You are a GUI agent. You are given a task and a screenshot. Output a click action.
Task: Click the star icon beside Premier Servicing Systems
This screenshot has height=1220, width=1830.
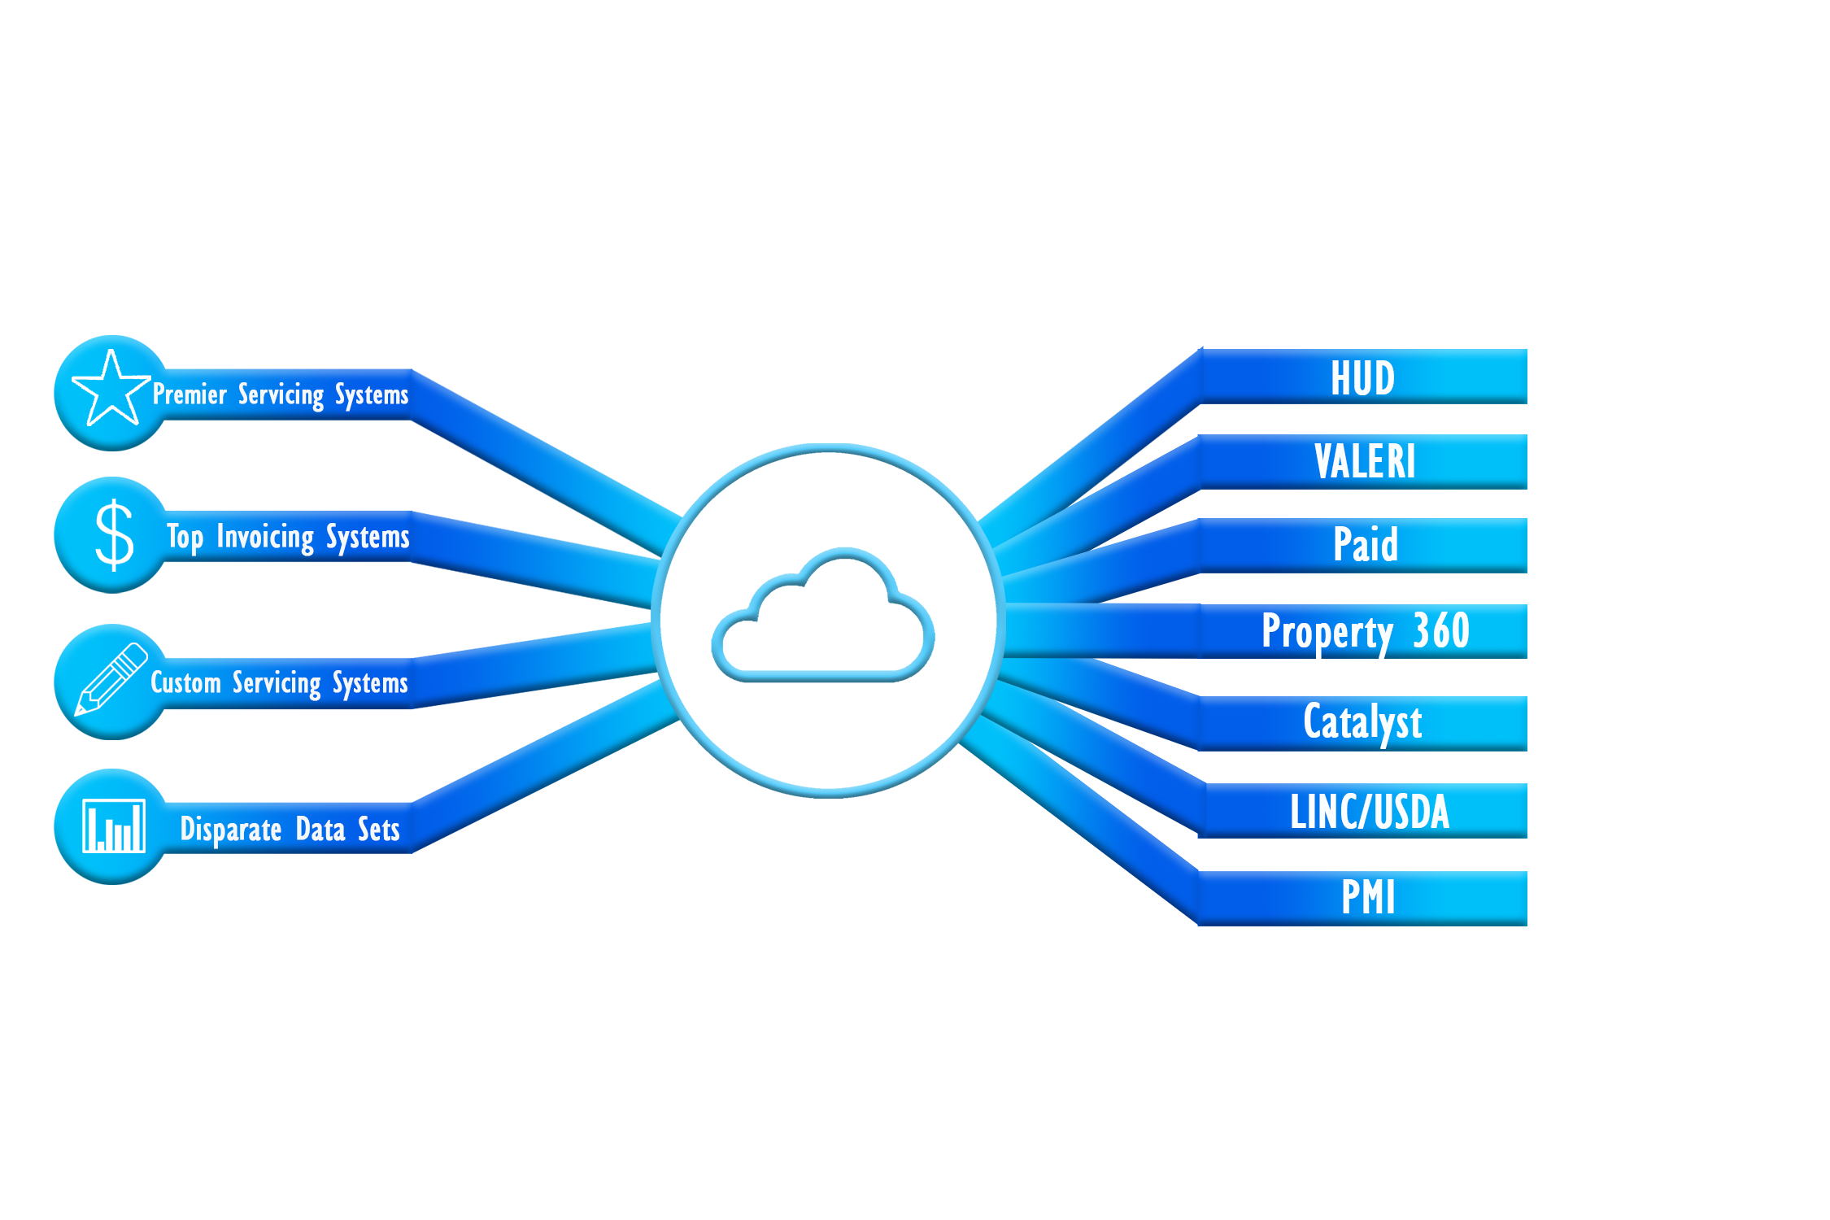point(111,389)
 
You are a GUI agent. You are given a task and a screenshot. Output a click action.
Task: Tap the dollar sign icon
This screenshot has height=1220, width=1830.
point(114,534)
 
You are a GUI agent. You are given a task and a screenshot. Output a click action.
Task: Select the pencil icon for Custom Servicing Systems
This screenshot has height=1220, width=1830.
point(111,680)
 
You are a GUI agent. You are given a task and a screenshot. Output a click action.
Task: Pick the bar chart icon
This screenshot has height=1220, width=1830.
point(114,826)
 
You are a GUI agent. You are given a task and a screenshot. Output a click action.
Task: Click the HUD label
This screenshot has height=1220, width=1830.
point(1362,378)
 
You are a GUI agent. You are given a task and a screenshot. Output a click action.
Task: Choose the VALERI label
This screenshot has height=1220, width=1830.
point(1365,462)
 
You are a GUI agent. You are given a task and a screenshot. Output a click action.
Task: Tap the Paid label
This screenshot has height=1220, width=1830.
point(1366,544)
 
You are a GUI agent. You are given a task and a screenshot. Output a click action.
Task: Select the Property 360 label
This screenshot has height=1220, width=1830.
point(1366,631)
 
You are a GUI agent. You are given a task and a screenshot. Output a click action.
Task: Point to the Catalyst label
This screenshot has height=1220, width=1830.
point(1362,722)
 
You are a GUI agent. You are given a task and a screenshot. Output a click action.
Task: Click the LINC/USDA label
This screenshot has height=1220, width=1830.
point(1370,812)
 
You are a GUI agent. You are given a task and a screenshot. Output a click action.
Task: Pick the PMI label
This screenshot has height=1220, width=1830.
point(1368,897)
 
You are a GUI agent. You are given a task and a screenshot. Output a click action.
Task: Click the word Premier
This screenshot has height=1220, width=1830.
point(190,394)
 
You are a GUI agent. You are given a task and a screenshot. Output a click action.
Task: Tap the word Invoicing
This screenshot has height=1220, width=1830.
point(265,538)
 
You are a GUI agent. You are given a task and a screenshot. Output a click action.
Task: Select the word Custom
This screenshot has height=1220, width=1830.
point(185,682)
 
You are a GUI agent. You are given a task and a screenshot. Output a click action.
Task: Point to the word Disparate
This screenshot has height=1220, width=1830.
point(231,830)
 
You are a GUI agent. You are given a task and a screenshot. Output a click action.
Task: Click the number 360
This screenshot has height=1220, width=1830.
point(1440,630)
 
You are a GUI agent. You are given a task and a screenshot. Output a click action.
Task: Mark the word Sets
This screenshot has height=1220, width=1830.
point(379,830)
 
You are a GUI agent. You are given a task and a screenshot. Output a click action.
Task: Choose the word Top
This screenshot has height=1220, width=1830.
point(185,538)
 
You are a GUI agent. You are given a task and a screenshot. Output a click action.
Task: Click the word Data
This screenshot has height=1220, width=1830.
point(320,830)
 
